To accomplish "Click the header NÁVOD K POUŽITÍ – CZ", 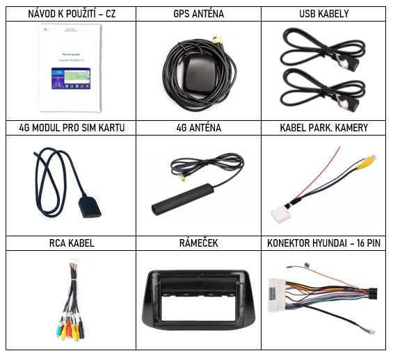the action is pyautogui.click(x=72, y=14).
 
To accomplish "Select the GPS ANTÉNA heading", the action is pyautogui.click(x=198, y=14).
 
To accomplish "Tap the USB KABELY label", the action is pyautogui.click(x=324, y=14).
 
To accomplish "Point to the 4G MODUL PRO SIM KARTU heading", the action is pyautogui.click(x=72, y=128).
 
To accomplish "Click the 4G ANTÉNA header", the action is pyautogui.click(x=198, y=128).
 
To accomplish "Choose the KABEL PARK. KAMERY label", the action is pyautogui.click(x=324, y=128).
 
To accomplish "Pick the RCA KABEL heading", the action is pyautogui.click(x=72, y=243).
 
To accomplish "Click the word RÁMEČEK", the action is pyautogui.click(x=198, y=243).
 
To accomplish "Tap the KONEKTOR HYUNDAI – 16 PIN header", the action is pyautogui.click(x=324, y=243).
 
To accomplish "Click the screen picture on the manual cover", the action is pyautogui.click(x=71, y=79).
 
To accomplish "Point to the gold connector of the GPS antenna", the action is pyautogui.click(x=218, y=40).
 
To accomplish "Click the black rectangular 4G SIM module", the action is pyautogui.click(x=90, y=207).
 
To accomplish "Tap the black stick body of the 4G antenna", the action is pyautogui.click(x=182, y=199).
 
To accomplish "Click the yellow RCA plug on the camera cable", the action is pyautogui.click(x=366, y=161).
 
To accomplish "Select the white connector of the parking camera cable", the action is pyautogui.click(x=281, y=215).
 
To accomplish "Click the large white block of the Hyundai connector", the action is pyautogui.click(x=276, y=295).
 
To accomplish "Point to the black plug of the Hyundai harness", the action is pyautogui.click(x=374, y=294).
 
